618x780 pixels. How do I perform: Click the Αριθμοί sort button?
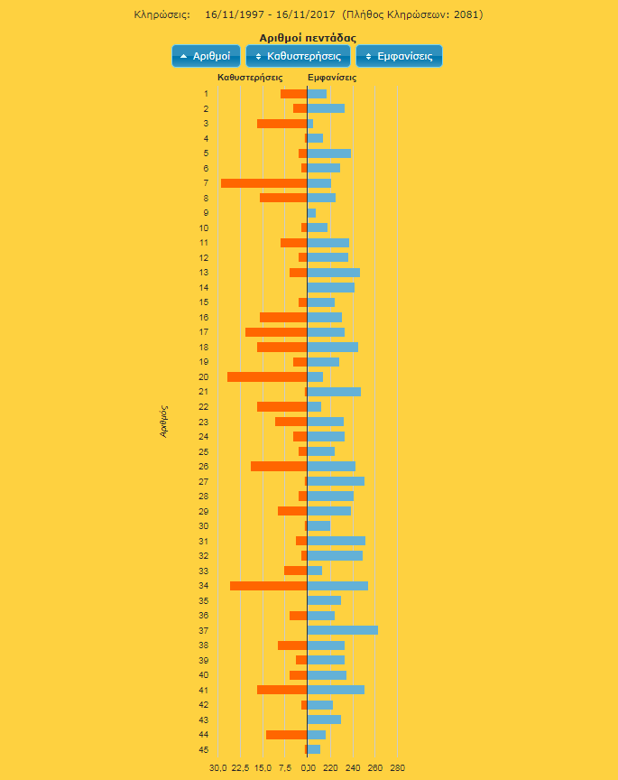point(206,56)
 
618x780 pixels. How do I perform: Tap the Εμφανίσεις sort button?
point(399,56)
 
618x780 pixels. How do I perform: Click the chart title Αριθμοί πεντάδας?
point(308,38)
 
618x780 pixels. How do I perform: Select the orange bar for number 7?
point(264,183)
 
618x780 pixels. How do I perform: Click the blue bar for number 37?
point(343,630)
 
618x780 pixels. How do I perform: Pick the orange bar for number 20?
point(267,376)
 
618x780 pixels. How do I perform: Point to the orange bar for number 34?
point(269,586)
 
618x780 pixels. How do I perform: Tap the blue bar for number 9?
point(312,213)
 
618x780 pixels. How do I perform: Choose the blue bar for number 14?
point(331,287)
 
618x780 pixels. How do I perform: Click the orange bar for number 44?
point(287,735)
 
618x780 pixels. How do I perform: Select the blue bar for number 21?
point(334,392)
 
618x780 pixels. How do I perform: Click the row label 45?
point(205,749)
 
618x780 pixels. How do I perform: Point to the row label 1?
point(206,94)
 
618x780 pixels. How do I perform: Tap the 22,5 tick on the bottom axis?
point(241,768)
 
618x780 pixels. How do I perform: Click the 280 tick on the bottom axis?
point(397,768)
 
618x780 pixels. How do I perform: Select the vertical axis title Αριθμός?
point(164,421)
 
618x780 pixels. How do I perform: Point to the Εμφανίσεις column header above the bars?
point(332,78)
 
